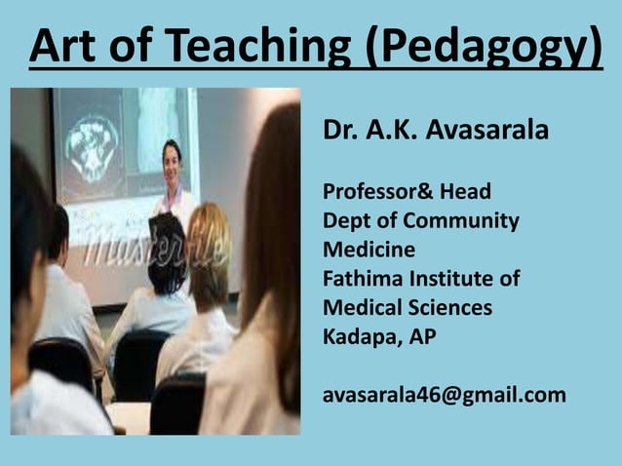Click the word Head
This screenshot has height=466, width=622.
464,191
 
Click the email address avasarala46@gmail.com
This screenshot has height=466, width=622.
444,395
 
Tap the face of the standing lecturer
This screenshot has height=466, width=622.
173,162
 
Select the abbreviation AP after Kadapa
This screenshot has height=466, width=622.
423,337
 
